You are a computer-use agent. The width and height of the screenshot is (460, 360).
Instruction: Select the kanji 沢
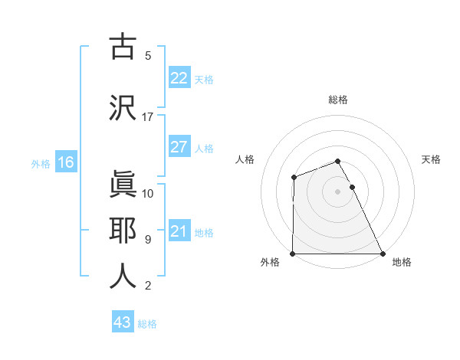pos(123,108)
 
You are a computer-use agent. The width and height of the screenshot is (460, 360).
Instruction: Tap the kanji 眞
pos(123,185)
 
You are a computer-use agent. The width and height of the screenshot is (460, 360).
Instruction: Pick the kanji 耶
pos(123,231)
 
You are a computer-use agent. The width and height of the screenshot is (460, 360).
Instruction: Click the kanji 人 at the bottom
pos(123,277)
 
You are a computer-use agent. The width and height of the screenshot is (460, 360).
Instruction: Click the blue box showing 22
pos(179,78)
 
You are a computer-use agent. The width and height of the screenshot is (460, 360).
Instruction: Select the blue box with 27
pos(179,147)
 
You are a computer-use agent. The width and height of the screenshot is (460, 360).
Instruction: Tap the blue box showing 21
pos(179,231)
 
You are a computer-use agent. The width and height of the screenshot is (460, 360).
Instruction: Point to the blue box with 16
pos(65,162)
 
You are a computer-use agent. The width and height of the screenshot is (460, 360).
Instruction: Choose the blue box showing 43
pos(122,322)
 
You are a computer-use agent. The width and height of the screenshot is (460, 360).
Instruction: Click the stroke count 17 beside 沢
pos(148,117)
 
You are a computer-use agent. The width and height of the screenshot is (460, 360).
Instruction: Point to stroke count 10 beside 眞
pos(148,194)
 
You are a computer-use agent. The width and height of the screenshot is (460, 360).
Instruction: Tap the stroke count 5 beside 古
pos(148,56)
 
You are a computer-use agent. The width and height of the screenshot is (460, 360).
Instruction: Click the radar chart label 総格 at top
pos(338,100)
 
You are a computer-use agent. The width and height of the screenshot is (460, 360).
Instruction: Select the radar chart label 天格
pos(431,159)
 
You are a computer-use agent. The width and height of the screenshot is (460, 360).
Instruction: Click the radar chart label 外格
pos(270,262)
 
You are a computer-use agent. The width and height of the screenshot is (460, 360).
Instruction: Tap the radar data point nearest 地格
pos(382,254)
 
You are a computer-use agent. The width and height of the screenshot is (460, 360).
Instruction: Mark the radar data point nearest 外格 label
pos(293,254)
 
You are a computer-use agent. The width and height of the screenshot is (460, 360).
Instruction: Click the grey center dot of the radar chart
pos(337,191)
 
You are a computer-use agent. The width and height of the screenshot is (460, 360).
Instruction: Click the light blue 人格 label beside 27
pos(204,148)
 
